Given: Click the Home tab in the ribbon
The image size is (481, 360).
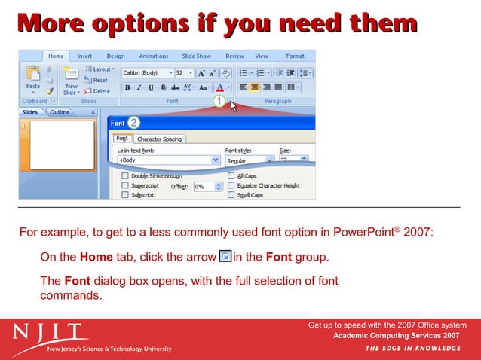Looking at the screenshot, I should (56, 56).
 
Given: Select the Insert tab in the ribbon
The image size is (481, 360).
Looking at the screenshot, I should (84, 56).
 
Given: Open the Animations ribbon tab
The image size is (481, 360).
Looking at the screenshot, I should (153, 56).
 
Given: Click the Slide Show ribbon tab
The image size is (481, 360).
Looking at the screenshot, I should (196, 56).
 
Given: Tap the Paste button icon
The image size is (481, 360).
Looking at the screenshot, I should (33, 75).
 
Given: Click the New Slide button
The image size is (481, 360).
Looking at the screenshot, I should (71, 78).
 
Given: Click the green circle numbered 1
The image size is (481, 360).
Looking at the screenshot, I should (219, 101).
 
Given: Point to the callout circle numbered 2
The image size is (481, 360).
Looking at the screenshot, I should (133, 122).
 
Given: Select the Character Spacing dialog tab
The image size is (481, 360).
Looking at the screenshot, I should (161, 139).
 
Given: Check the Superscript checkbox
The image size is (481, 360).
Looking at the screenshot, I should (124, 185).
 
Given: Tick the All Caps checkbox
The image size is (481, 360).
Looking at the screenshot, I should (231, 176).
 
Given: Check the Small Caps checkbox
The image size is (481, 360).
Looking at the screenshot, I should (231, 194).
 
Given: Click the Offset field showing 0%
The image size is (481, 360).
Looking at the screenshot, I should (204, 186).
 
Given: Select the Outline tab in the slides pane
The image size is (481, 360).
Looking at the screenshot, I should (60, 112).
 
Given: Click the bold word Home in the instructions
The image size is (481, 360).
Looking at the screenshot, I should (96, 257).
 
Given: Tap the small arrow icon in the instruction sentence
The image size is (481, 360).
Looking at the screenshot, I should (225, 257).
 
